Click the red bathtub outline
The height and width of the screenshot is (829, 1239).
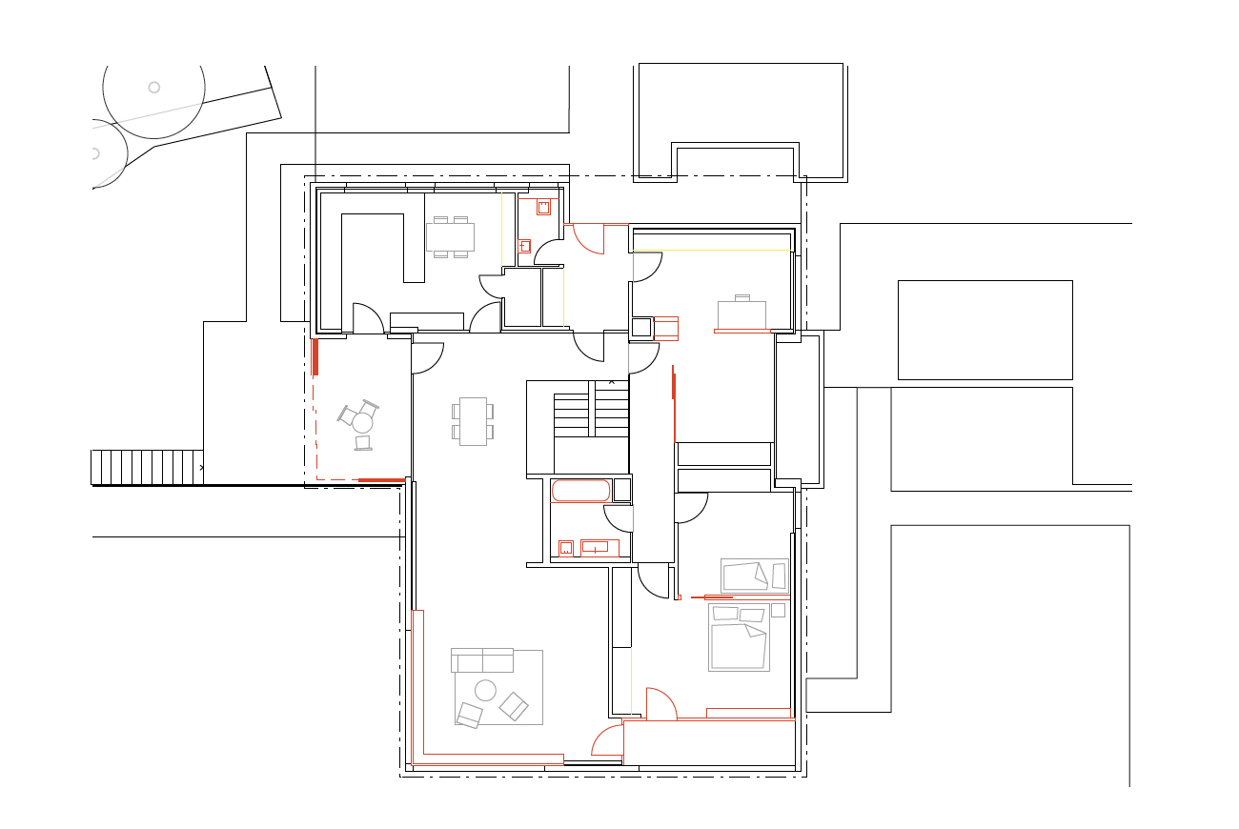(580, 491)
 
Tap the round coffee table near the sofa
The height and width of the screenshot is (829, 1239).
(486, 691)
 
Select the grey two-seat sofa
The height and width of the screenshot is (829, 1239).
(482, 659)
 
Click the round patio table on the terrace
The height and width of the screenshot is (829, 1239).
(362, 422)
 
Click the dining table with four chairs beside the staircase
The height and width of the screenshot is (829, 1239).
(473, 421)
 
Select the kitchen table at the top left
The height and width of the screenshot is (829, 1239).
(450, 236)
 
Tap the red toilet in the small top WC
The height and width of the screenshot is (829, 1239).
(544, 207)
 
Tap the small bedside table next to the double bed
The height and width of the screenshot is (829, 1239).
(778, 610)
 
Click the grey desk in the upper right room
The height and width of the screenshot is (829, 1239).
(741, 315)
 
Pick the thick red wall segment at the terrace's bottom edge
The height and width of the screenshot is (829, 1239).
(380, 479)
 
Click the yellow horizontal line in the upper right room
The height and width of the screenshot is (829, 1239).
(711, 251)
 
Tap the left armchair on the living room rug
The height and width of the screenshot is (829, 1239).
(469, 715)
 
